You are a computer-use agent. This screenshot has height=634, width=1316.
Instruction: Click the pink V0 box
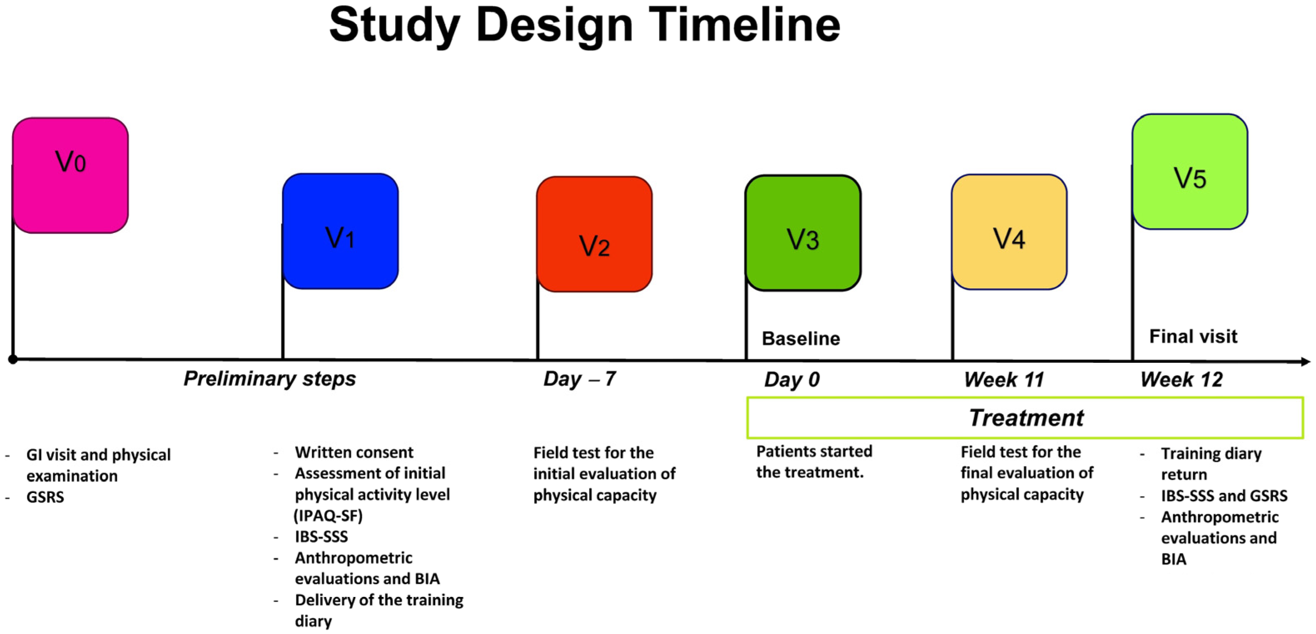pos(70,175)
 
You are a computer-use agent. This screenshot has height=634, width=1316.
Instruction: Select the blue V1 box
pos(340,231)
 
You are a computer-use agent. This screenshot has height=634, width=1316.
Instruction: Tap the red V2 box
pos(594,234)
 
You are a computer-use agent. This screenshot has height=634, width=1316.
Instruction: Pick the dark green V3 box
pos(803,233)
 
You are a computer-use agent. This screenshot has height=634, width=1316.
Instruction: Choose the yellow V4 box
pos(1009,232)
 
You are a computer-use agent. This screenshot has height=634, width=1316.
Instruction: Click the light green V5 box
pos(1190,171)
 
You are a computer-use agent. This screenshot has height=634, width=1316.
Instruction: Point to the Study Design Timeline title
pos(585,25)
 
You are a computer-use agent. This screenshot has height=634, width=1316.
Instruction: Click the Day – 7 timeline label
pos(580,379)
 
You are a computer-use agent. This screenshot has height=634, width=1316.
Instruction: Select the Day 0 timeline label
pos(792,379)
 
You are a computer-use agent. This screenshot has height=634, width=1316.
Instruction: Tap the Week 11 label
pos(1004,379)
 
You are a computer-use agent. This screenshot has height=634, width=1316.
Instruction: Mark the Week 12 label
pos(1181,379)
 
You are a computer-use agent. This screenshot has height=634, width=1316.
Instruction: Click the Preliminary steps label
pos(270,379)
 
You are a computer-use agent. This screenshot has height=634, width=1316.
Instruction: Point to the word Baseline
pos(801,339)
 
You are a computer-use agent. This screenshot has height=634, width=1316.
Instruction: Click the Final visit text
pos(1193,337)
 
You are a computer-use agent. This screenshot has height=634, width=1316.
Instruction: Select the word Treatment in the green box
pos(1026,418)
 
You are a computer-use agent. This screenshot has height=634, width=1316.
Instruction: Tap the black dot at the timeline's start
pos(13,359)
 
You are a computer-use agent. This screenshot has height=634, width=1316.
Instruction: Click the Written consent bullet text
pos(354,452)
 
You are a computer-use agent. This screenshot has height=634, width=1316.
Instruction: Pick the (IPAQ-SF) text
pos(328,515)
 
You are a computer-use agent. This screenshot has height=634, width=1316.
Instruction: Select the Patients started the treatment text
pos(814,461)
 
